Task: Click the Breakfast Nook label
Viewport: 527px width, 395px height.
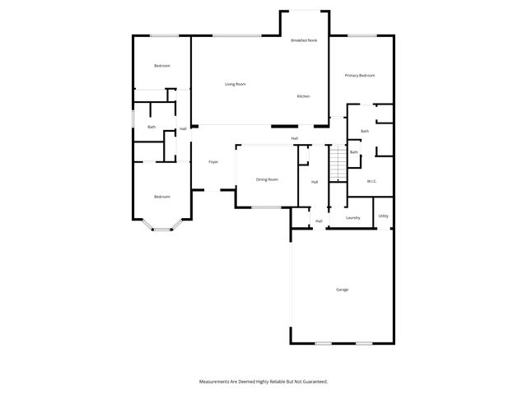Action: pyautogui.click(x=304, y=40)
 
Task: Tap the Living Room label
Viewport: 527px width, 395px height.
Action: pyautogui.click(x=236, y=84)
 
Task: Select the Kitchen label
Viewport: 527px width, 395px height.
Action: pyautogui.click(x=303, y=97)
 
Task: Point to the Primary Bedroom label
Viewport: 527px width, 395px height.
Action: pyautogui.click(x=360, y=76)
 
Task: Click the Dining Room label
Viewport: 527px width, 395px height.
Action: pyautogui.click(x=267, y=179)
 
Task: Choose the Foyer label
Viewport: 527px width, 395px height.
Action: pyautogui.click(x=212, y=162)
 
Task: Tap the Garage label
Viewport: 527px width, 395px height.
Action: pyautogui.click(x=342, y=290)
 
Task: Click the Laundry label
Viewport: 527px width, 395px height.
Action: pyautogui.click(x=353, y=218)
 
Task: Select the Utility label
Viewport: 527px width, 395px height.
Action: pyautogui.click(x=384, y=216)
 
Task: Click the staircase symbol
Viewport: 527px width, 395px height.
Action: pyautogui.click(x=337, y=163)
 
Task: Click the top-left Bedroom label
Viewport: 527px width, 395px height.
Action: pyautogui.click(x=161, y=66)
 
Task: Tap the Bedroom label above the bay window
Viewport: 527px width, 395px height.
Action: pyautogui.click(x=161, y=197)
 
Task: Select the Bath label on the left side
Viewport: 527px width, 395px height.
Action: pyautogui.click(x=152, y=127)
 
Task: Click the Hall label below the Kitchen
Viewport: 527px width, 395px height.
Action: pyautogui.click(x=294, y=138)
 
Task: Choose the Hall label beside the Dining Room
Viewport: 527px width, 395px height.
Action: pyautogui.click(x=315, y=182)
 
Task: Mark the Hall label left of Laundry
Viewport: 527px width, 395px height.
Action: pyautogui.click(x=319, y=221)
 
